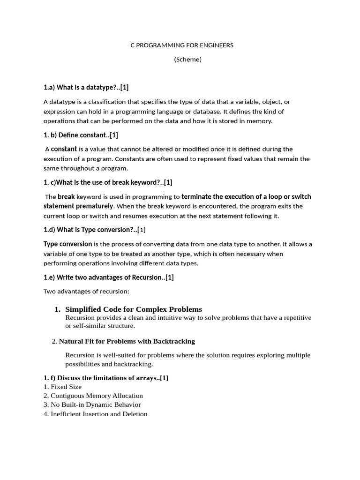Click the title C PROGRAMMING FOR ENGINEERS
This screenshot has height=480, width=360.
click(181, 45)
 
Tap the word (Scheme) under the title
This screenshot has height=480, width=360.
click(187, 60)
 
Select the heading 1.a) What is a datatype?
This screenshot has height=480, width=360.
click(86, 87)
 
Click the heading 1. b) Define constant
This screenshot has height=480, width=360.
click(81, 135)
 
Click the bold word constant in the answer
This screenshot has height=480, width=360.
click(64, 149)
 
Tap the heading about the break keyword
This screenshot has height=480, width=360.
click(108, 182)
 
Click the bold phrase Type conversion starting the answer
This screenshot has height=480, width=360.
click(67, 244)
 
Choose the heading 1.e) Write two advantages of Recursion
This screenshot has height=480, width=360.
click(108, 277)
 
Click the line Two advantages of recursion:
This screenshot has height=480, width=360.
click(86, 292)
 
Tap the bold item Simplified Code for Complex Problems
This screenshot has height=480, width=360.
click(134, 309)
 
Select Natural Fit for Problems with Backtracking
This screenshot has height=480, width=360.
click(127, 341)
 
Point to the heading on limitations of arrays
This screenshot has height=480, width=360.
click(105, 378)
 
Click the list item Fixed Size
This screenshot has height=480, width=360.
click(66, 387)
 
